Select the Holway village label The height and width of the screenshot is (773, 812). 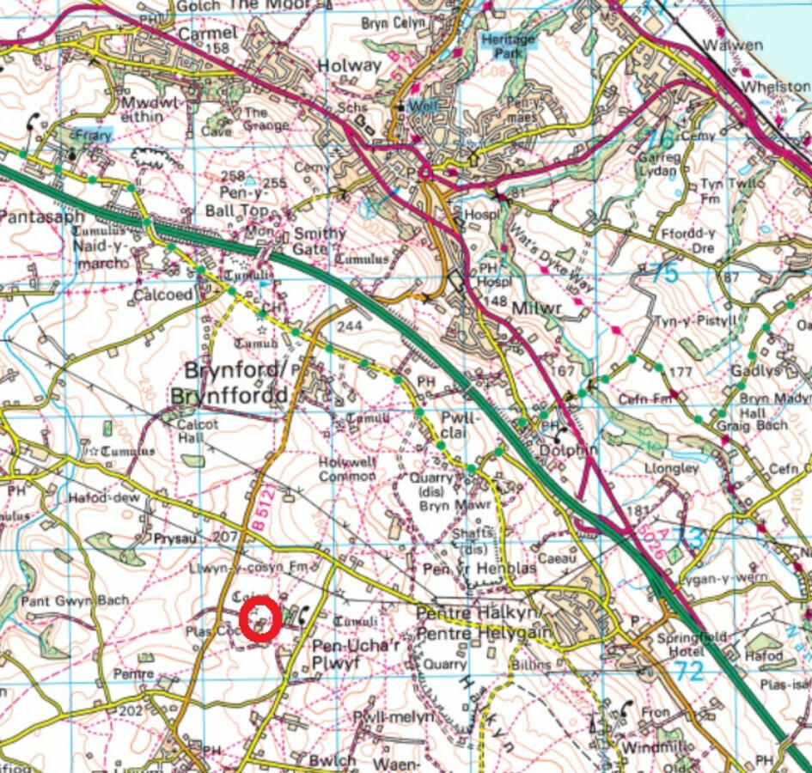coord(349,65)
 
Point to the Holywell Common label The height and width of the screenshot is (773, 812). coord(346,468)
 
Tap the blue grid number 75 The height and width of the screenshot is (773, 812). coord(664,274)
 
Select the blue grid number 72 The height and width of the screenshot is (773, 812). coord(687,673)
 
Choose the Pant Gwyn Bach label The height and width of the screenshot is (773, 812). coord(76,600)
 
